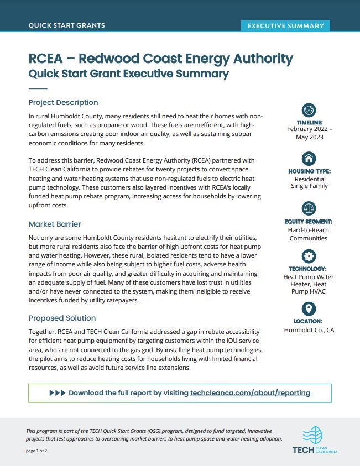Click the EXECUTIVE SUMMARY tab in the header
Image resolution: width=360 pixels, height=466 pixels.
pyautogui.click(x=285, y=25)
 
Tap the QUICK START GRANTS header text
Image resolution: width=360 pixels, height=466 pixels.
pyautogui.click(x=66, y=25)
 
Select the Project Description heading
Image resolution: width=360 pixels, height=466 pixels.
pyautogui.click(x=63, y=102)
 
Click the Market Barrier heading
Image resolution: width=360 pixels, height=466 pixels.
pyautogui.click(x=55, y=224)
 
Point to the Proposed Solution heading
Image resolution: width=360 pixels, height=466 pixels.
pyautogui.click(x=62, y=318)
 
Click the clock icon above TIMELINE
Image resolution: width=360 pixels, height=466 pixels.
pyautogui.click(x=309, y=109)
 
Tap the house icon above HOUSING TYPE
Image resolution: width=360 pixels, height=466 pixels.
pyautogui.click(x=309, y=158)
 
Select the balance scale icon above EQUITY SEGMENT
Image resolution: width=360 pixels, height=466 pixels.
pyautogui.click(x=309, y=208)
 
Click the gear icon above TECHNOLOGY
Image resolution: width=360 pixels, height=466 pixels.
pyautogui.click(x=309, y=255)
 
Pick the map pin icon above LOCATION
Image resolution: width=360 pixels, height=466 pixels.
pyautogui.click(x=309, y=308)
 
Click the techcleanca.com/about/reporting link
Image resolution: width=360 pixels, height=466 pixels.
pyautogui.click(x=250, y=393)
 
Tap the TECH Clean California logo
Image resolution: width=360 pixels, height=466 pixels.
pyautogui.click(x=315, y=440)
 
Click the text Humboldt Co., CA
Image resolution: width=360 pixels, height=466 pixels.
pyautogui.click(x=309, y=330)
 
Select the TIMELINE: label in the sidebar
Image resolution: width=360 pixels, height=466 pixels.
pyautogui.click(x=309, y=122)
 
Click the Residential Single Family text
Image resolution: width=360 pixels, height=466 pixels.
pyautogui.click(x=309, y=182)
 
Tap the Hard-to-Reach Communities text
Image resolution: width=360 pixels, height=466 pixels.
pyautogui.click(x=309, y=234)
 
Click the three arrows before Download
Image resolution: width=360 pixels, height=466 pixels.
pyautogui.click(x=57, y=393)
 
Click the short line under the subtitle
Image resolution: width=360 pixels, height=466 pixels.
pyautogui.click(x=38, y=88)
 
